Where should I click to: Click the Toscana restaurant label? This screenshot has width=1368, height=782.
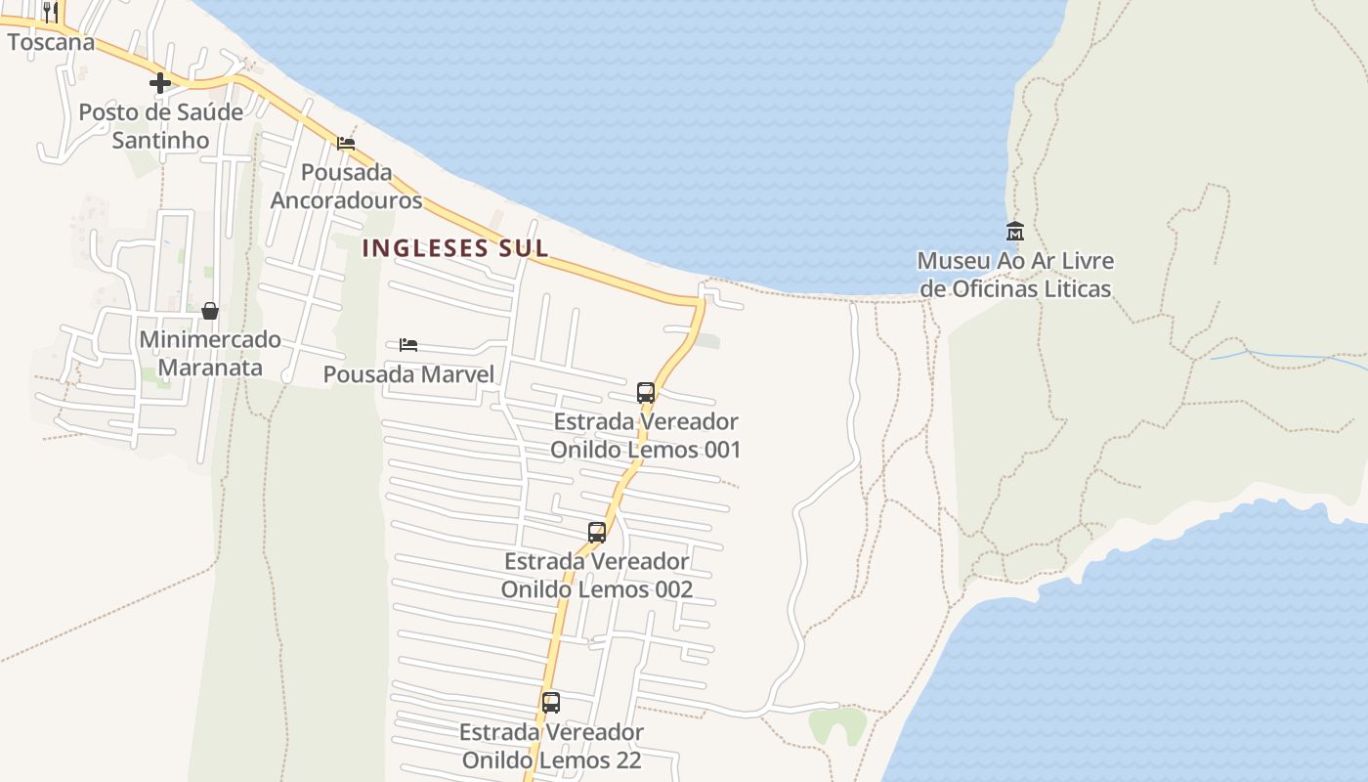(x=51, y=42)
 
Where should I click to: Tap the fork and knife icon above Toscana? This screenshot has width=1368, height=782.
(x=51, y=13)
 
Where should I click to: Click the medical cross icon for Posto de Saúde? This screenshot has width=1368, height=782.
(x=160, y=83)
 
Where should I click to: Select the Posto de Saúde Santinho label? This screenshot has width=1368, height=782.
(x=160, y=126)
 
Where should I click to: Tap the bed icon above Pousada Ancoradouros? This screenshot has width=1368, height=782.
(x=346, y=143)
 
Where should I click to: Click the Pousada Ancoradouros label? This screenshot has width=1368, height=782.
(x=346, y=186)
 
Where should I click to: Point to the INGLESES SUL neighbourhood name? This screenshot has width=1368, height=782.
(x=455, y=248)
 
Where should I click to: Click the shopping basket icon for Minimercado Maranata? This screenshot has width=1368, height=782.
(x=209, y=311)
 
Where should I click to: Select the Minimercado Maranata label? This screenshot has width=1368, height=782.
(x=209, y=354)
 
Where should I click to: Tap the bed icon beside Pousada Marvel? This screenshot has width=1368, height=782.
(x=408, y=345)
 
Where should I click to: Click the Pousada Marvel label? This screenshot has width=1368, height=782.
(x=408, y=374)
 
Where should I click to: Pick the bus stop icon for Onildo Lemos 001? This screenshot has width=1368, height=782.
(x=646, y=393)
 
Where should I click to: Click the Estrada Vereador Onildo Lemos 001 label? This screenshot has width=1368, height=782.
(x=646, y=436)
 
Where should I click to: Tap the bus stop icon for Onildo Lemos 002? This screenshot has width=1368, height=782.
(x=597, y=533)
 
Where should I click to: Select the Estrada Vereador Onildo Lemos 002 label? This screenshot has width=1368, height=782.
(x=597, y=576)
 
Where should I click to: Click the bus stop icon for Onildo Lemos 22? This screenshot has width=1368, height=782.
(x=551, y=703)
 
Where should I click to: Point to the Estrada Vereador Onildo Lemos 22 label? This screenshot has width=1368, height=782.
(x=551, y=746)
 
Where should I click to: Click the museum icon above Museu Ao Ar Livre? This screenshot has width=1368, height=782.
(x=1015, y=232)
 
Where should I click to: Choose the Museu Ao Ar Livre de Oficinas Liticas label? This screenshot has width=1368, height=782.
(x=1015, y=275)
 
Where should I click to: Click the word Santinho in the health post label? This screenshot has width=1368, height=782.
(x=160, y=141)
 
